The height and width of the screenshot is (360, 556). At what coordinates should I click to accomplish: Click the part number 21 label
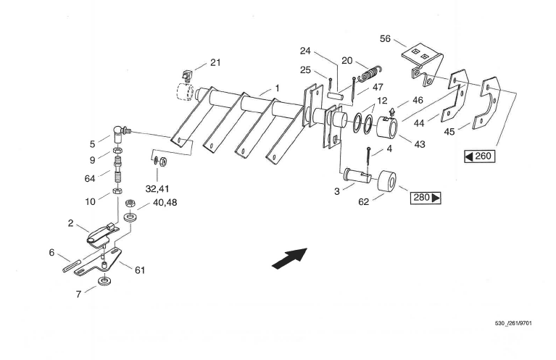(215, 63)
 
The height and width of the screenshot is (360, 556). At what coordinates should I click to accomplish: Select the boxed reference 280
(427, 197)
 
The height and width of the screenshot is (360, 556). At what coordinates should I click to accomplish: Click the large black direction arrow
(289, 258)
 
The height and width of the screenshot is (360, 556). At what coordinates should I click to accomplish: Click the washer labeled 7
(105, 280)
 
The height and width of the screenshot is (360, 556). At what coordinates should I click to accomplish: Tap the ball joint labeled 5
(120, 132)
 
